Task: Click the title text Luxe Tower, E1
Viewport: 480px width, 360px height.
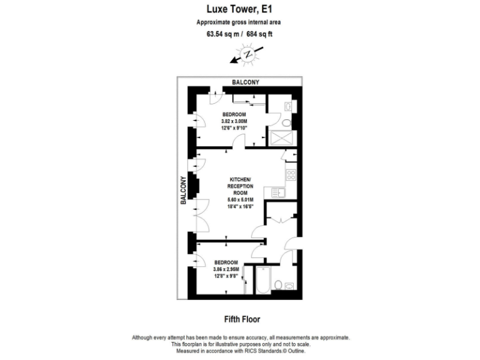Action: click(239, 9)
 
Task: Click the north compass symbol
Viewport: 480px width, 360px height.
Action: click(246, 56)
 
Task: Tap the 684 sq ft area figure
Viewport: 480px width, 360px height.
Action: click(259, 34)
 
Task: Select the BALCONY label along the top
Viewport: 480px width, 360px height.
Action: click(246, 82)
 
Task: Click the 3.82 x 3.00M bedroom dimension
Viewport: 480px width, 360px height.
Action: click(234, 121)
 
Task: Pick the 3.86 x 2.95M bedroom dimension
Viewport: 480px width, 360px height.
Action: click(226, 269)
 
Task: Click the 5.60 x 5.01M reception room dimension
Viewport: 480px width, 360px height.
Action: click(239, 200)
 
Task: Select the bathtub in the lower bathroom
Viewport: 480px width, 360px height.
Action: click(262, 282)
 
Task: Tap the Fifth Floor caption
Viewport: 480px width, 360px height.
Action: click(240, 317)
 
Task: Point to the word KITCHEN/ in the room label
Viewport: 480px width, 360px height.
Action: click(240, 179)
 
